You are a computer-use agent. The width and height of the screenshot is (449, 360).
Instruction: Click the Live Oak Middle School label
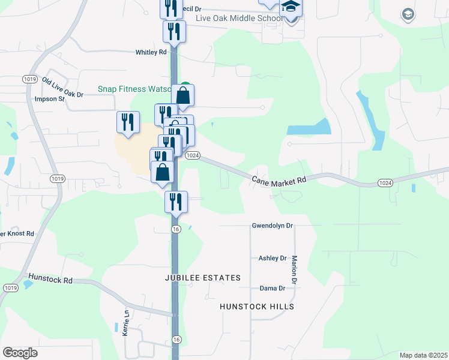[x=239, y=19]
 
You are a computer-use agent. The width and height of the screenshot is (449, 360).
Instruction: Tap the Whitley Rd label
[x=151, y=52]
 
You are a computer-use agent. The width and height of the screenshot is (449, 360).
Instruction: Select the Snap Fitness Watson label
[x=136, y=89]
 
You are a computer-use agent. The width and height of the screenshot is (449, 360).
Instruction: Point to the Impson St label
[x=49, y=99]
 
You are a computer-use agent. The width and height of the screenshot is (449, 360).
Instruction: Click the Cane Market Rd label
[x=279, y=179]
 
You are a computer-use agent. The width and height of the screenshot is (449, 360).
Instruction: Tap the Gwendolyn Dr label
[x=272, y=226]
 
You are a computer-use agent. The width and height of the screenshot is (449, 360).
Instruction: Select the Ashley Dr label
[x=273, y=258]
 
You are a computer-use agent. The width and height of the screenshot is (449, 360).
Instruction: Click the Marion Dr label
[x=295, y=269]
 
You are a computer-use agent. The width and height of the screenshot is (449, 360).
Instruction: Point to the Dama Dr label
[x=272, y=288]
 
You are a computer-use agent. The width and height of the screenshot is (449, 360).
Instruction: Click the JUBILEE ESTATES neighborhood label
[x=203, y=278]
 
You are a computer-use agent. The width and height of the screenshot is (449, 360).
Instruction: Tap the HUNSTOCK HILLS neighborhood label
[x=257, y=307]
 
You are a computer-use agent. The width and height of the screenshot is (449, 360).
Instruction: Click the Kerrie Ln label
[x=127, y=325]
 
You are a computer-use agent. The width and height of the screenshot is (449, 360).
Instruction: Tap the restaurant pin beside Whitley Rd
[x=174, y=31]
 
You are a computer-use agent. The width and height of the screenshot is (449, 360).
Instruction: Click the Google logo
[x=20, y=353]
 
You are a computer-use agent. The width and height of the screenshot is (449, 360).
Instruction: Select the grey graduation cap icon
[x=408, y=15]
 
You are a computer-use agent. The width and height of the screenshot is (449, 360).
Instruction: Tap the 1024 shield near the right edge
[x=385, y=182]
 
